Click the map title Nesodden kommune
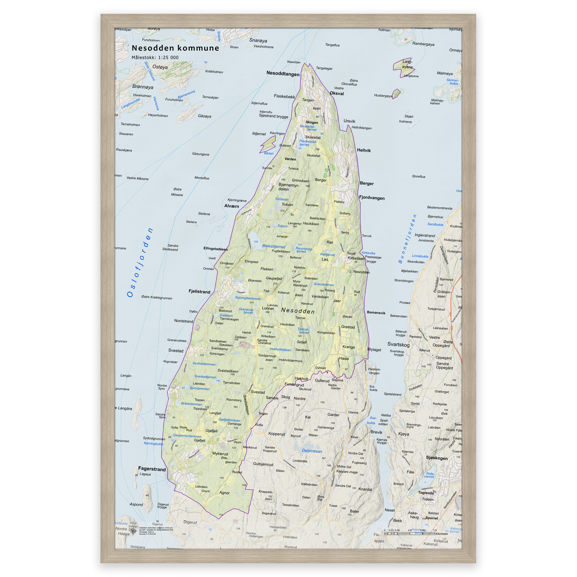click(175, 48)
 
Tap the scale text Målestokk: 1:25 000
click(155, 58)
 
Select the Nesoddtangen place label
click(283, 74)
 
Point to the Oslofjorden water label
click(140, 263)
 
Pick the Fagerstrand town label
click(152, 469)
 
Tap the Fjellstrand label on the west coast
click(199, 292)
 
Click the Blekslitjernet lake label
click(274, 247)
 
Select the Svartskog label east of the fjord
click(398, 344)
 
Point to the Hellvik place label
click(363, 150)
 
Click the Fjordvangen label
click(372, 198)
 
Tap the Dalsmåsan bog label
click(312, 451)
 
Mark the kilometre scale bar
click(409, 533)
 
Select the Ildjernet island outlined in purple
click(268, 145)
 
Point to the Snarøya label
click(258, 41)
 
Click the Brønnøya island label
click(143, 87)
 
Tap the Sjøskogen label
click(437, 458)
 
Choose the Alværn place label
click(232, 206)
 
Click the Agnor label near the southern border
click(224, 493)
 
